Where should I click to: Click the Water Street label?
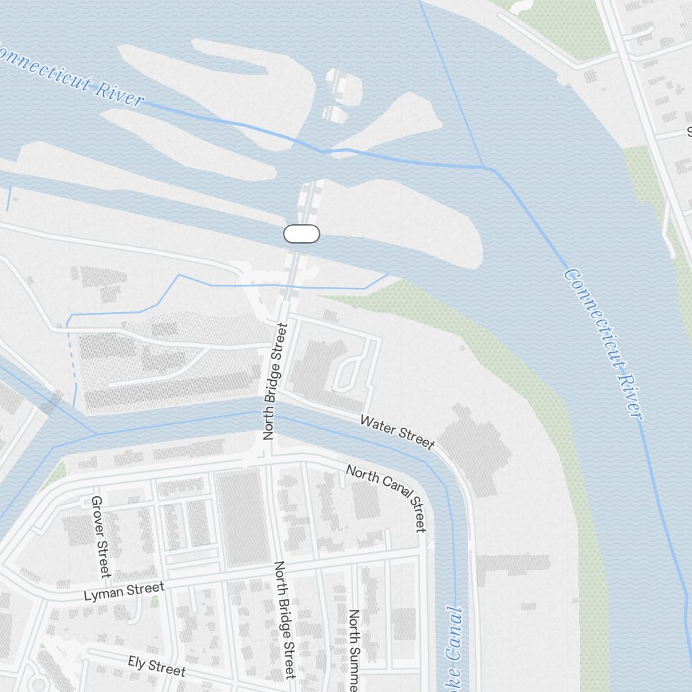pyautogui.click(x=397, y=432)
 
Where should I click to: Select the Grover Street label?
pyautogui.click(x=101, y=536)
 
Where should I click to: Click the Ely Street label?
pyautogui.click(x=156, y=666)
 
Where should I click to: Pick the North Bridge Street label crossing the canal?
pyautogui.click(x=274, y=381)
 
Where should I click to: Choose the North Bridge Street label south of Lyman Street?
pyautogui.click(x=285, y=619)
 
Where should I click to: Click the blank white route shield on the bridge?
pyautogui.click(x=302, y=234)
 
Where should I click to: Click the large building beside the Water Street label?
pyautogui.click(x=477, y=450)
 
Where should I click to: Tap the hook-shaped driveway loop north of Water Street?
pyautogui.click(x=346, y=370)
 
